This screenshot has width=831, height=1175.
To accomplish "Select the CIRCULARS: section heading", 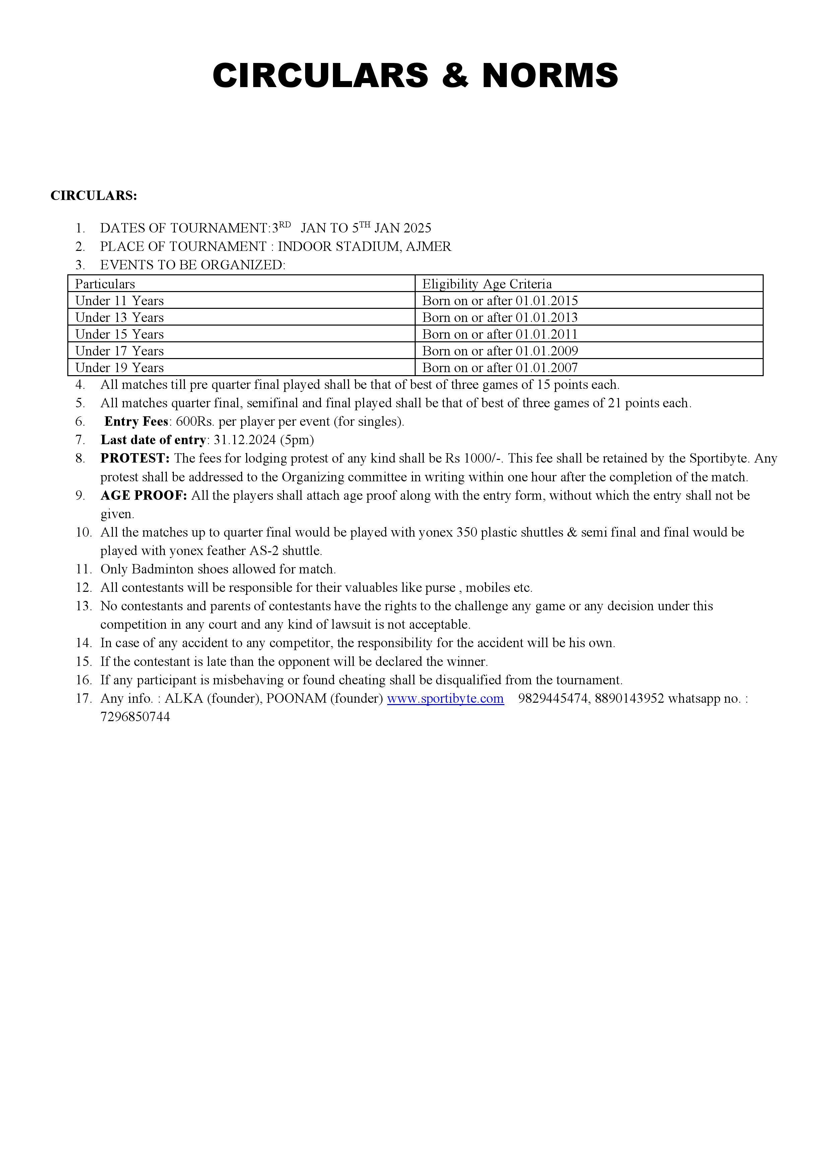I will tap(94, 196).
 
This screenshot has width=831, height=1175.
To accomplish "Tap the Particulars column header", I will tap(105, 284).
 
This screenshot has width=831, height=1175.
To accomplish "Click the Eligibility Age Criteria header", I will tap(487, 284).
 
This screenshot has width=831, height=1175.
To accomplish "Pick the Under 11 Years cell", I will tap(119, 301).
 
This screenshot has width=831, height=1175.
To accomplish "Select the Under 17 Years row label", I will tap(119, 351).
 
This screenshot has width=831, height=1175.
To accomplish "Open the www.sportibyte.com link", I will tap(445, 699).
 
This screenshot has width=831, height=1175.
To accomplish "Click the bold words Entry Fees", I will tap(136, 422).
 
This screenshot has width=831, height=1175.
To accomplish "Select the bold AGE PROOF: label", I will tap(144, 496).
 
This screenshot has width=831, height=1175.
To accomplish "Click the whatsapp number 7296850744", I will tap(135, 717).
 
